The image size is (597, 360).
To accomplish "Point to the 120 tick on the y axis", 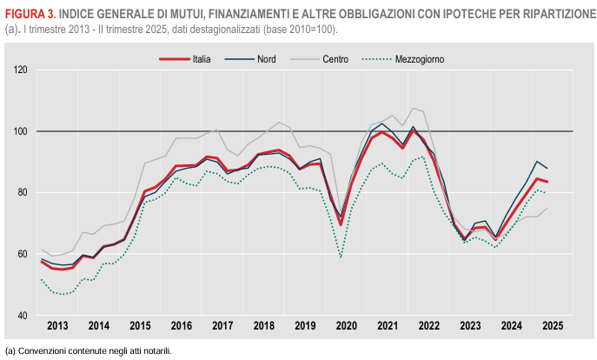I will pyautogui.click(x=21, y=70).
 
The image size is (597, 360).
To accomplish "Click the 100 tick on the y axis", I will pyautogui.click(x=21, y=131).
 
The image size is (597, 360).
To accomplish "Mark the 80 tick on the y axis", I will pyautogui.click(x=23, y=192).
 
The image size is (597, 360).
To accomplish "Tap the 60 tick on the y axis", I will pyautogui.click(x=23, y=254).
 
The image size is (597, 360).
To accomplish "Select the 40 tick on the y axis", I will pyautogui.click(x=23, y=315).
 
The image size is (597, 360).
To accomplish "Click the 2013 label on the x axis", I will pyautogui.click(x=56, y=326).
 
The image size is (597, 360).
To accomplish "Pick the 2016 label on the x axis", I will pyautogui.click(x=181, y=326).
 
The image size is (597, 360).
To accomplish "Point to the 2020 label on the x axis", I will pyautogui.click(x=346, y=326).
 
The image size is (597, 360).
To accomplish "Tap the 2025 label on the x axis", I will pyautogui.click(x=552, y=326).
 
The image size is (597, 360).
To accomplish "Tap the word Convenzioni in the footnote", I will pyautogui.click(x=40, y=350).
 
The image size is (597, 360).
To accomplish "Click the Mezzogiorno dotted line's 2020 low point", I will pyautogui.click(x=341, y=257).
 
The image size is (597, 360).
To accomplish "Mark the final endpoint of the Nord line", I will pyautogui.click(x=547, y=168).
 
